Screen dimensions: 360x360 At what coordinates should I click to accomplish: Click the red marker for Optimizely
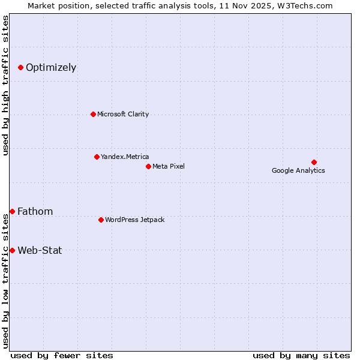click(x=20, y=67)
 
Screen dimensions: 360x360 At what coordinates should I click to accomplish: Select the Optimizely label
click(x=51, y=67)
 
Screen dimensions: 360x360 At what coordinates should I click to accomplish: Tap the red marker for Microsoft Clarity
click(x=93, y=114)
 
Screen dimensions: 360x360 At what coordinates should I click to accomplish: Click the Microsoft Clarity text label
click(x=123, y=114)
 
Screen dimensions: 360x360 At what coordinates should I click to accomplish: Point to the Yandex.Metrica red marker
click(x=97, y=157)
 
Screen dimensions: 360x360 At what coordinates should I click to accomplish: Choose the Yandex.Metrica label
click(x=125, y=157)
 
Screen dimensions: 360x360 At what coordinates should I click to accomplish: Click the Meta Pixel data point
click(x=148, y=166)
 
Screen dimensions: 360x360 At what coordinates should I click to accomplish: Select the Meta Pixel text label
click(x=169, y=166)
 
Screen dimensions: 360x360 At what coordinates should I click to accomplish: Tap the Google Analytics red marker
click(x=314, y=162)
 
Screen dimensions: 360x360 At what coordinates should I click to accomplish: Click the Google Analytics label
click(x=298, y=170)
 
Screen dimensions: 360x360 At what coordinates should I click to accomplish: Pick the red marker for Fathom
click(x=12, y=211)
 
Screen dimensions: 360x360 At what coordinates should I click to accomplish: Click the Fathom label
click(x=35, y=211)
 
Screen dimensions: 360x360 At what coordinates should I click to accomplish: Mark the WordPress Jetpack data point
click(x=101, y=220)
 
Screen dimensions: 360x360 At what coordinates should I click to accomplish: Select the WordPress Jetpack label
click(x=134, y=220)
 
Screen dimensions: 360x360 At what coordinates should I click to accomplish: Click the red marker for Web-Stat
click(x=12, y=250)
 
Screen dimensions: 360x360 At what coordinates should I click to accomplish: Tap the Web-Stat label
click(x=40, y=250)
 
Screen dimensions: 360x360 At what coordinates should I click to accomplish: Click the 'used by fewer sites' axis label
click(x=62, y=355)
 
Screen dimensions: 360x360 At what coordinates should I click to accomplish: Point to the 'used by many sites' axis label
click(x=301, y=355)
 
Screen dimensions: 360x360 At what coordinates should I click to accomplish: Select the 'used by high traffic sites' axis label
click(x=5, y=85)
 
